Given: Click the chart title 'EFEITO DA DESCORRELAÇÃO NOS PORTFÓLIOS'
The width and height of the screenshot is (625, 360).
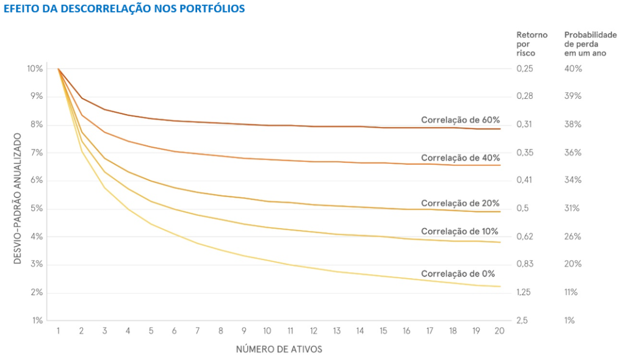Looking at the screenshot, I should tap(125, 9).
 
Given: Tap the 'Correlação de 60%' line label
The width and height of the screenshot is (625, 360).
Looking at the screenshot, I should tap(460, 120).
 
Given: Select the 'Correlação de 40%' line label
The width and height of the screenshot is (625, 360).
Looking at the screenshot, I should tap(460, 157).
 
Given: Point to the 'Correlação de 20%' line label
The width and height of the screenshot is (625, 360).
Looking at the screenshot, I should tap(460, 203).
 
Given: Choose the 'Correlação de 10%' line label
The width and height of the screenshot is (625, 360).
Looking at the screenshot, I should tap(460, 231).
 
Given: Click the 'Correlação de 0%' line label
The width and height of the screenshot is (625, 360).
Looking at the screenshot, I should tap(458, 273).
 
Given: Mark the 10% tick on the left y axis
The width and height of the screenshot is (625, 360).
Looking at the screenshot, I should tap(35, 68).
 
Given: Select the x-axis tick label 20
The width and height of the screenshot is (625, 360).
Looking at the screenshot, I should tap(499, 331).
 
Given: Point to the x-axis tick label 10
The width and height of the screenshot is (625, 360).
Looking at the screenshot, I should tap(267, 331).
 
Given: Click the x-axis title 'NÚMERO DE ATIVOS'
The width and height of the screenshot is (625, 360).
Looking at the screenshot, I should tap(279, 350).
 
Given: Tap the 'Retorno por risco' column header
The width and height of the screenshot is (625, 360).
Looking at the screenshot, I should tap(532, 44).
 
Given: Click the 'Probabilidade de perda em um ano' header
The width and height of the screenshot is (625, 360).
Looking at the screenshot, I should tap(590, 44).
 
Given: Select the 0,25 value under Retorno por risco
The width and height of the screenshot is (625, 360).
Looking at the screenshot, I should tap(524, 68).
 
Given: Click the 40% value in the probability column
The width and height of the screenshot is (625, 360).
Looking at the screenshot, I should tap(573, 68).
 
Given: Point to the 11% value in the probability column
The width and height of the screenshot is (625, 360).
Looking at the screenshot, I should tap(571, 292).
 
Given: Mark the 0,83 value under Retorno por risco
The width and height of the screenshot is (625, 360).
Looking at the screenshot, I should tap(524, 264).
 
